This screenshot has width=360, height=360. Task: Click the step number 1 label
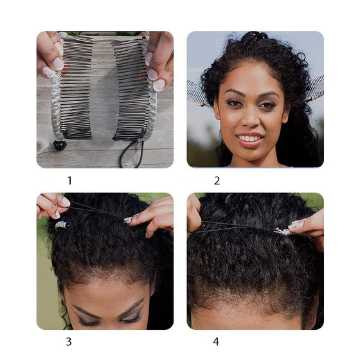pos(70,181)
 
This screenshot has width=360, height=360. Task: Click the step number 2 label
pos(217,181)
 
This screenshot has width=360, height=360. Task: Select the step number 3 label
pos(69,341)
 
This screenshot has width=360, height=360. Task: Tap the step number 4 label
pos(216,341)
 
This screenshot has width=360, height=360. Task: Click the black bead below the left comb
pos(60,145)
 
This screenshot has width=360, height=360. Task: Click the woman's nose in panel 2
pos(251,120)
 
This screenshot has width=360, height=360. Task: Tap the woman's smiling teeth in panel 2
pos(249,139)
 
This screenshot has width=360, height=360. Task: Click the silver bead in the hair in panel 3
pos(62,225)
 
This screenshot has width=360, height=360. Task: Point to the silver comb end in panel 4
pos(283,231)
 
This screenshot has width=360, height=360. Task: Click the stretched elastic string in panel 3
pos(97,210)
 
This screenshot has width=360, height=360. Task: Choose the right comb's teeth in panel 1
pos(131,89)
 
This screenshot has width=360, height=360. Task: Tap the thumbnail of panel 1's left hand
pos(58,64)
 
